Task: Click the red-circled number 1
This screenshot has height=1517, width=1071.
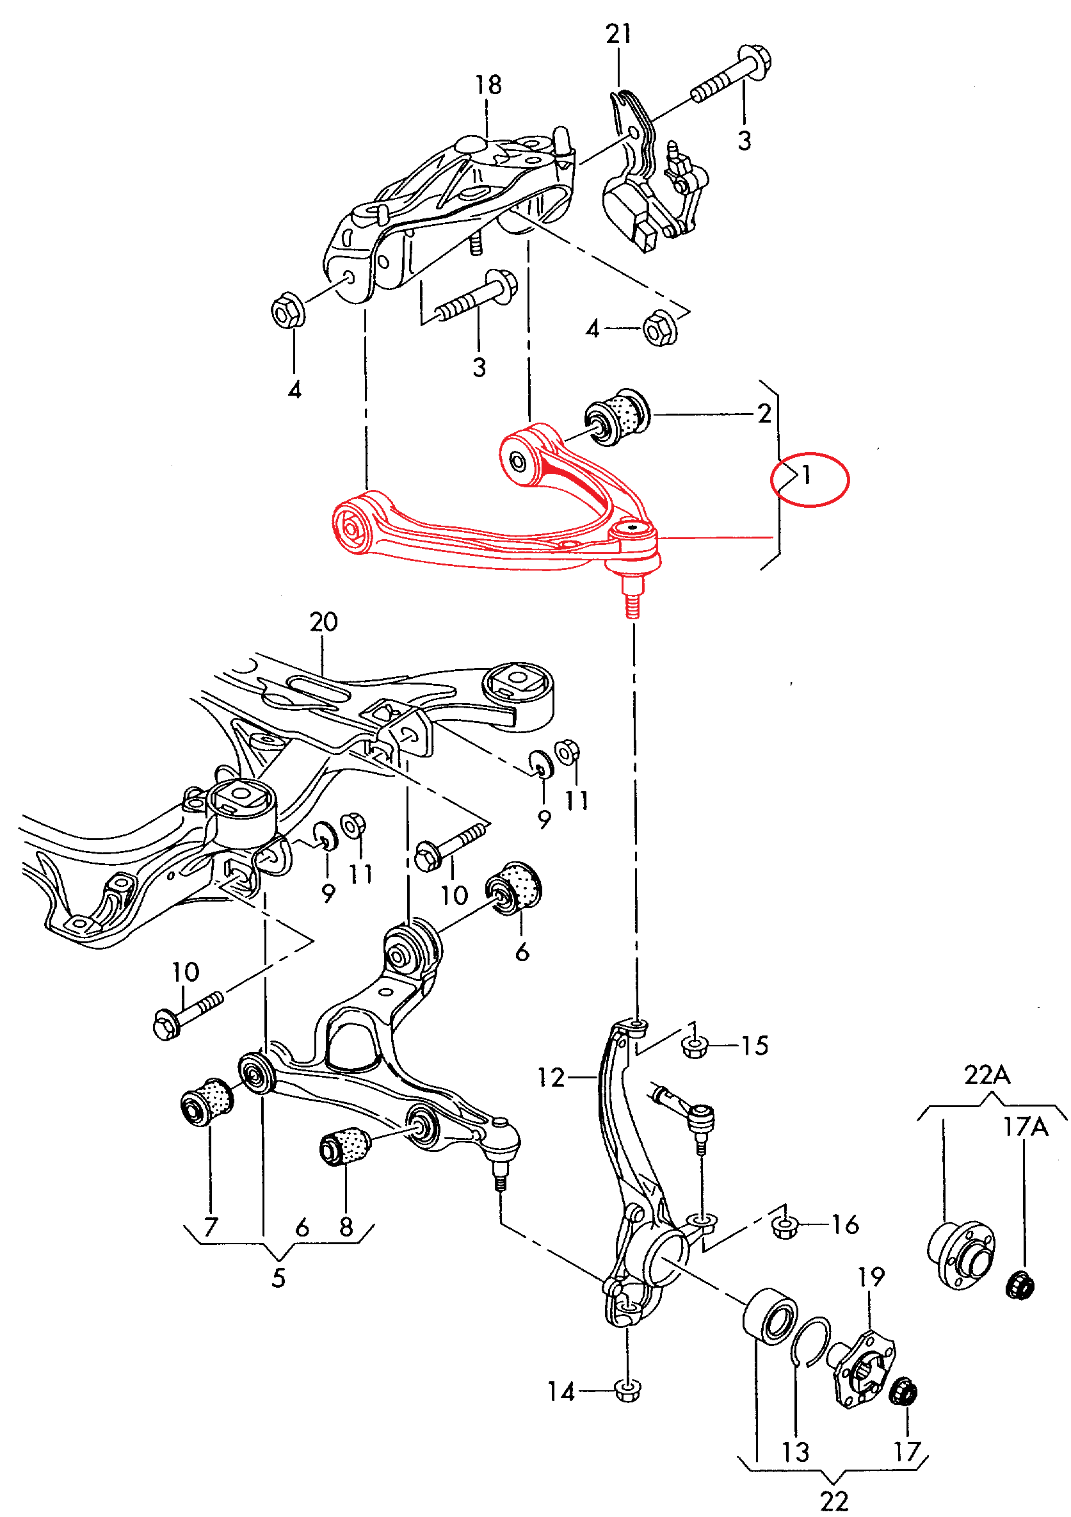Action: tap(806, 475)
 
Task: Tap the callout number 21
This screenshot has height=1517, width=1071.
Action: tap(618, 34)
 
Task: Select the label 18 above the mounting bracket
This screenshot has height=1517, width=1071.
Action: tap(488, 85)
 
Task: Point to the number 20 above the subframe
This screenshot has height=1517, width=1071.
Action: tap(324, 622)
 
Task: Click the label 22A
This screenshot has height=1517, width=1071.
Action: tap(987, 1076)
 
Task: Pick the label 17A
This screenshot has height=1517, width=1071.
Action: tap(1026, 1127)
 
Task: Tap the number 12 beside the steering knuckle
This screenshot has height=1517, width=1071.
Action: tap(551, 1078)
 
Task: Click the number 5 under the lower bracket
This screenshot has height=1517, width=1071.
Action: tap(279, 1279)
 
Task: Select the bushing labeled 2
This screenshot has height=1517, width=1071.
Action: tap(617, 416)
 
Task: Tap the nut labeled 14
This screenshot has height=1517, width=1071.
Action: tap(627, 1390)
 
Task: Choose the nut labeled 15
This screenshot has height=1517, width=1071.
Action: tap(695, 1046)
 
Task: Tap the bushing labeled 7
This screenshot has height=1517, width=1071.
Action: tap(206, 1101)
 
